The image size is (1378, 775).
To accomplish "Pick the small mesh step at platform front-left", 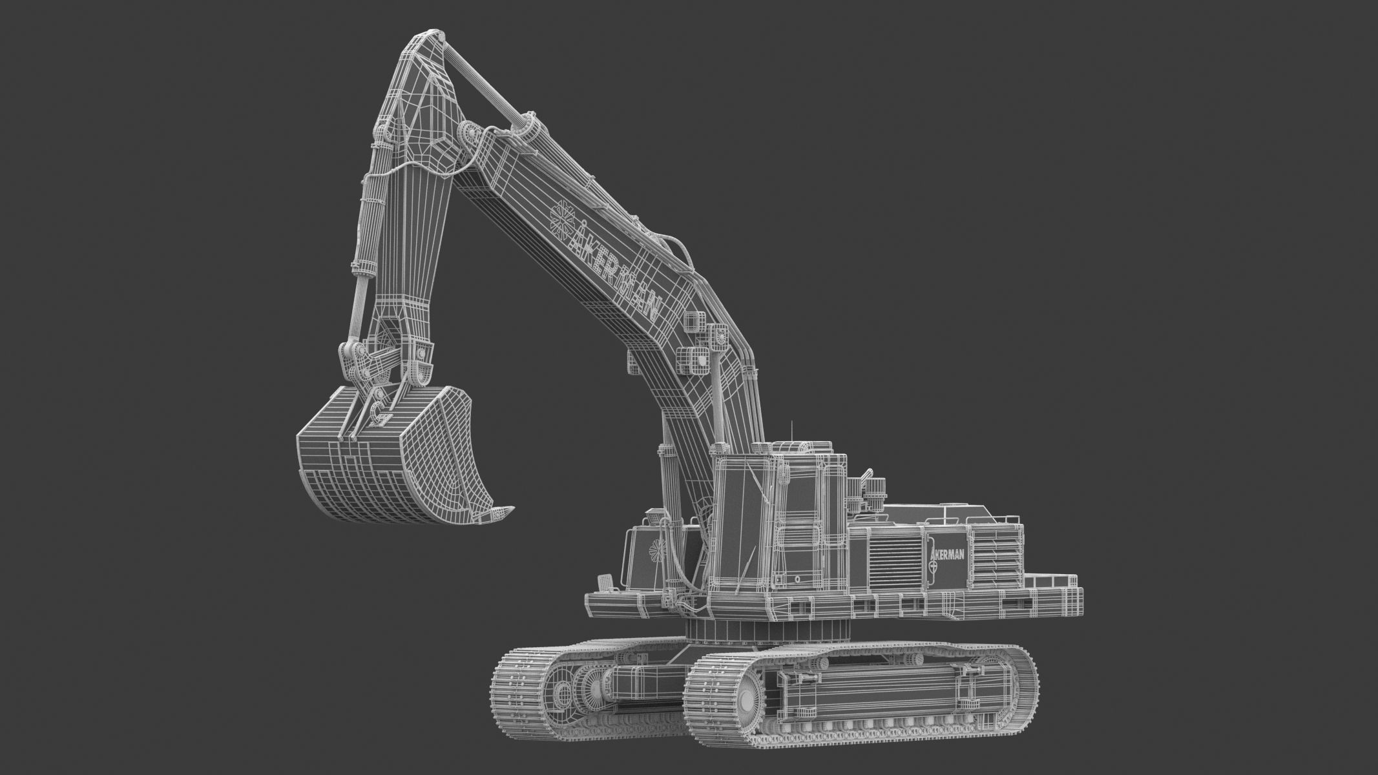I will coord(607,582).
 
